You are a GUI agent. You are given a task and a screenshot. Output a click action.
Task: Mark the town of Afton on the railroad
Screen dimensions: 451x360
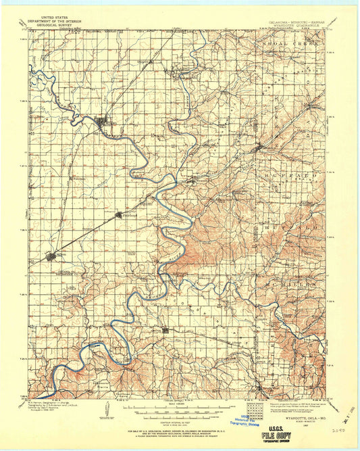point(53,257)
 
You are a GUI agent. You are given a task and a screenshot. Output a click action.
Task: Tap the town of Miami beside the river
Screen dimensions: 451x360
point(103,123)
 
